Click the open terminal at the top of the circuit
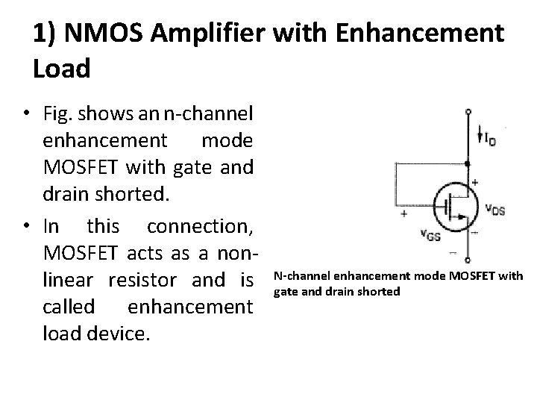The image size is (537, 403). tap(468, 112)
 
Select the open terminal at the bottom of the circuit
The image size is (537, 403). tap(468, 260)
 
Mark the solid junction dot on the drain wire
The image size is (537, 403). tap(468, 163)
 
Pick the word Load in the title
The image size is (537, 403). tap(61, 69)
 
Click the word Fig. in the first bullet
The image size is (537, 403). tap(59, 113)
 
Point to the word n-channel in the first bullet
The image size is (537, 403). tap(210, 113)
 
